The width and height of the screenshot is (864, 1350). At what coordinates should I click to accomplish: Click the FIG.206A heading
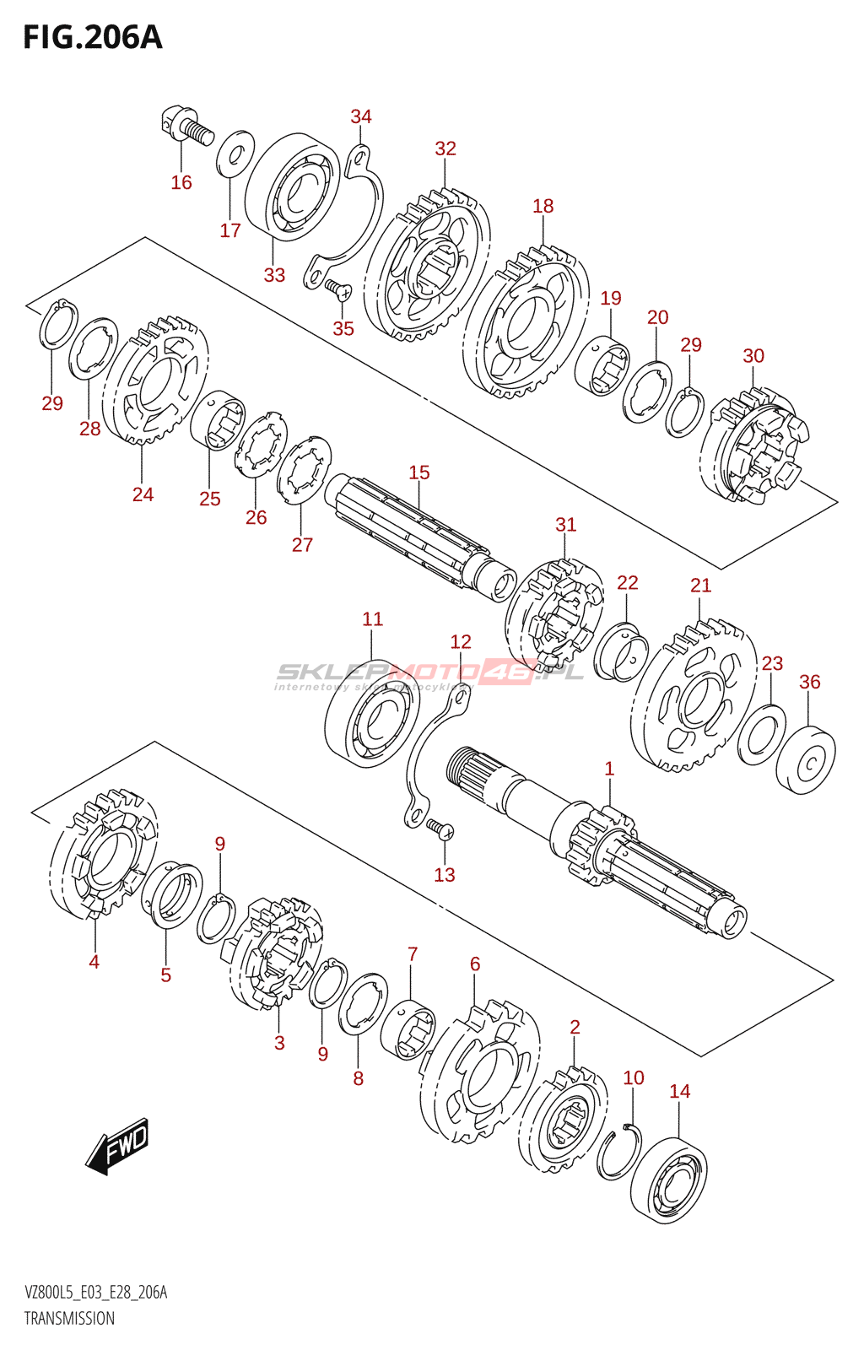(93, 38)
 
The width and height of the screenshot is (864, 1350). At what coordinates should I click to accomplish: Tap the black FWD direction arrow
(116, 1145)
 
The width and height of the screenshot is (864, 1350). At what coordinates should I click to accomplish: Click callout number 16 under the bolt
(181, 182)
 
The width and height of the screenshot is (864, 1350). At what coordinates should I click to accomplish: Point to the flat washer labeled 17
(235, 154)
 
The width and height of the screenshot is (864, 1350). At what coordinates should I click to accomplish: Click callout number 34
(361, 116)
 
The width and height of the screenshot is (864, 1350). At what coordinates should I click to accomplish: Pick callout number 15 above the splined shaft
(419, 472)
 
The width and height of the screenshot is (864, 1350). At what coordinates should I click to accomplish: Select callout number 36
(810, 682)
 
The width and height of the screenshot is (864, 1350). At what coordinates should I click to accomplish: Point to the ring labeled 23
(762, 734)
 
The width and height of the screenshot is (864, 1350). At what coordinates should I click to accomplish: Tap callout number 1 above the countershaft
(609, 769)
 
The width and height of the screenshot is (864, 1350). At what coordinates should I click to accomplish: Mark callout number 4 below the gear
(94, 962)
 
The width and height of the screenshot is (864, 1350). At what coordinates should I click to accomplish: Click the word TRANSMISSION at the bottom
(69, 1330)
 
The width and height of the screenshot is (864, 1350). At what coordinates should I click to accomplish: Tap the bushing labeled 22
(621, 651)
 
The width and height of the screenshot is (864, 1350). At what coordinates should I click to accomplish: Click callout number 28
(89, 429)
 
